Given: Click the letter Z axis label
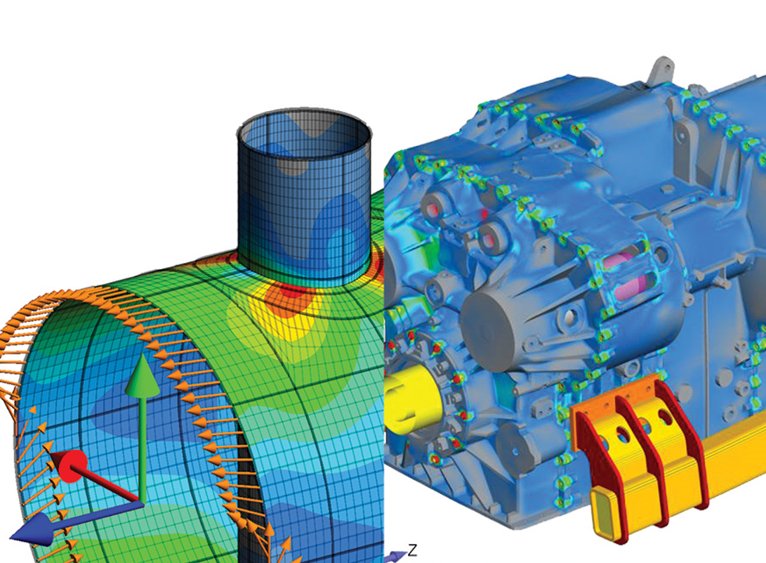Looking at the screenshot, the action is point(413,550).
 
